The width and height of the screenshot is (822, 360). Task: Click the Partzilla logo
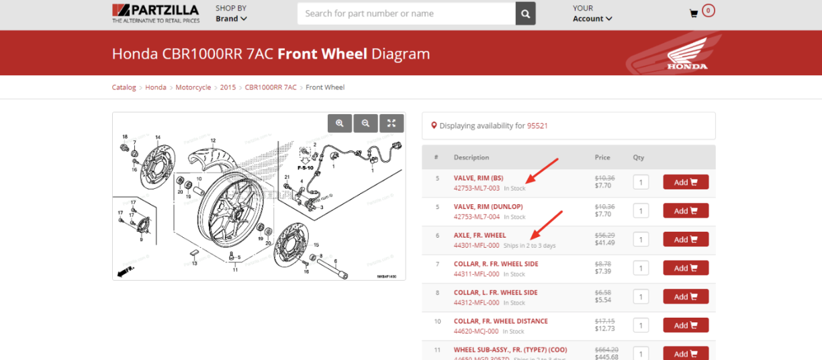pos(155,13)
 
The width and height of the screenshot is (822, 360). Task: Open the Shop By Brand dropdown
pos(231,19)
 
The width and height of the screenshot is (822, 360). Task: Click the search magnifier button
pos(525,13)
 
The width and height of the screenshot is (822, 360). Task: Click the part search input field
pos(406,13)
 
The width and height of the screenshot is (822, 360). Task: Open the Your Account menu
pos(592,19)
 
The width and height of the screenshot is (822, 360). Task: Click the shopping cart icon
pos(694,13)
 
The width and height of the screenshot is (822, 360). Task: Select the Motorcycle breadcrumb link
pos(193,87)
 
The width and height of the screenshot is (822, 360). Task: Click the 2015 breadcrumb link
pos(228,87)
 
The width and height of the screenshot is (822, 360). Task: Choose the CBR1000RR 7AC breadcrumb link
pos(271,87)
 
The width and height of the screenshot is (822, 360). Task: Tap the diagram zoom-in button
pos(340,123)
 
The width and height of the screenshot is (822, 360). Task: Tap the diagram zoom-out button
pos(365,123)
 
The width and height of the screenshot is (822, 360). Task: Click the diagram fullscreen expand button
pos(392,123)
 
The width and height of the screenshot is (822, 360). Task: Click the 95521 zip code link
pos(537,126)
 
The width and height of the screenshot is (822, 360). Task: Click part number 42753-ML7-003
pos(476,188)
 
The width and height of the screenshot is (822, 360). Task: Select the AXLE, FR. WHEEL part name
pos(479,235)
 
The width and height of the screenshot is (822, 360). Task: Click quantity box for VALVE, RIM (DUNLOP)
pos(641,211)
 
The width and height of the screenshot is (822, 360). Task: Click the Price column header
pos(602,157)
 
